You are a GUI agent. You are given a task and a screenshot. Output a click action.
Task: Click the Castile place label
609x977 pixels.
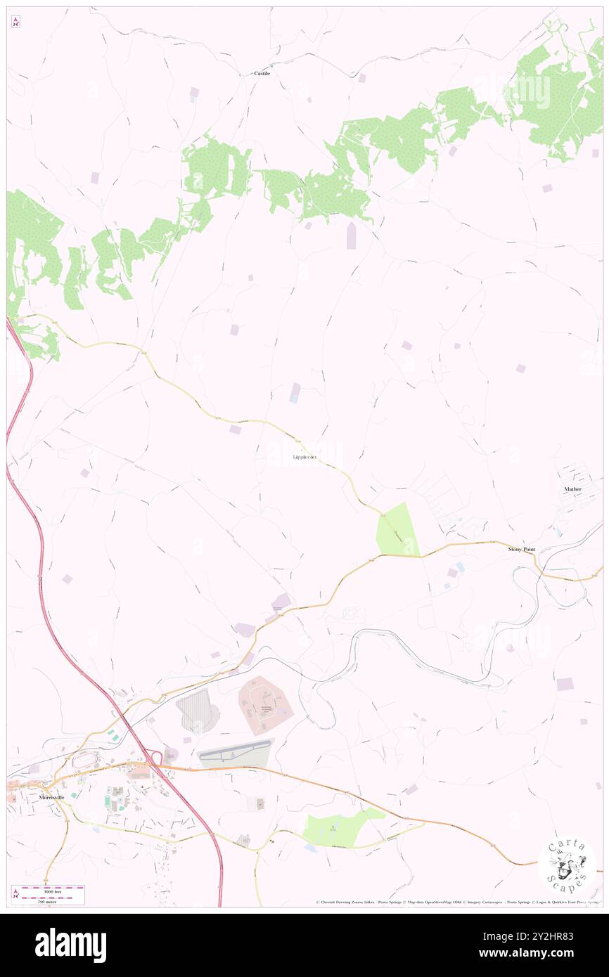point(262,73)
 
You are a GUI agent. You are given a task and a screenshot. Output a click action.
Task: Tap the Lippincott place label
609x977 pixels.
point(304,458)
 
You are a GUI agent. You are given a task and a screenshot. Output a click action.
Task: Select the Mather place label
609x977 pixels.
point(573,488)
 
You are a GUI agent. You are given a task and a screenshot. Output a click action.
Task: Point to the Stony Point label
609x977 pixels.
point(522,549)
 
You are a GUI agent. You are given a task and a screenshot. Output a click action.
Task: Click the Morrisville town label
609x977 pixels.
point(59,798)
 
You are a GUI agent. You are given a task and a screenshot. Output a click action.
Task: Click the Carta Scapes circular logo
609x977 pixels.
point(567,865)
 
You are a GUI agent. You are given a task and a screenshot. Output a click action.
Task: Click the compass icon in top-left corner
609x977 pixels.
point(15,22)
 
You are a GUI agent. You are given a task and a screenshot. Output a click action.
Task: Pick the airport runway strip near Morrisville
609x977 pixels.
point(234,754)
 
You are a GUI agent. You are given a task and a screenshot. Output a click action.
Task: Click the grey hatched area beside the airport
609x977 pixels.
point(198,711)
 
